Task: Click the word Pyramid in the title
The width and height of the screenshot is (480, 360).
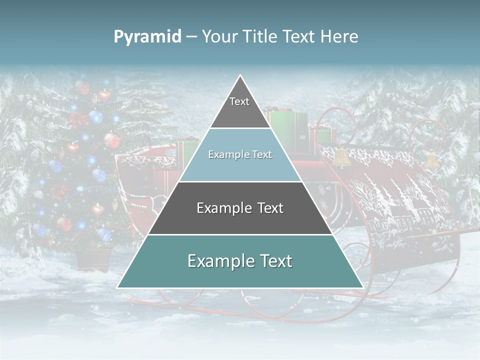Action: coord(147,37)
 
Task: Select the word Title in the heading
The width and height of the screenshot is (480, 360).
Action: coord(262,37)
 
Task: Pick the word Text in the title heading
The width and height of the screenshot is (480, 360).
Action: coord(299,37)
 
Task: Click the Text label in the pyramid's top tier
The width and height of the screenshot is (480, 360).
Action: coord(239,101)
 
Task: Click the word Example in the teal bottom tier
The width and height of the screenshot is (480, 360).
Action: coord(219,261)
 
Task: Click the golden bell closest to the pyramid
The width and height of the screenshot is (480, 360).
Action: coord(342,156)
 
